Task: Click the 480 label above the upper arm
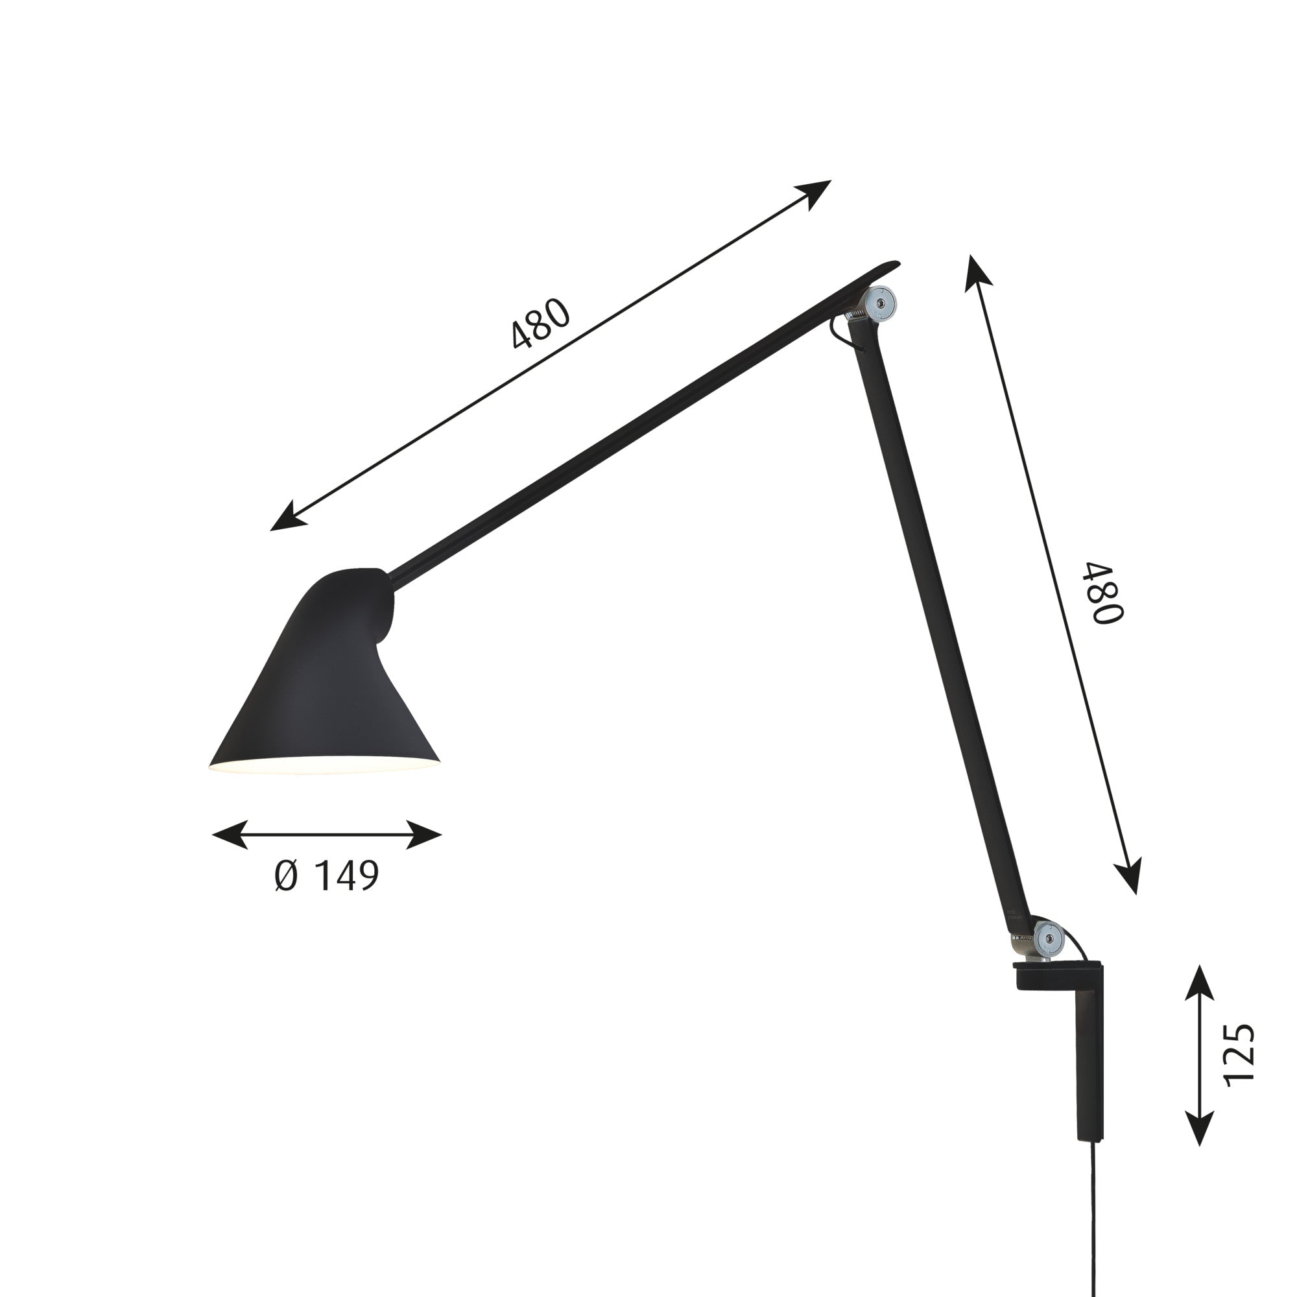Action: (x=540, y=324)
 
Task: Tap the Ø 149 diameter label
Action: (x=327, y=875)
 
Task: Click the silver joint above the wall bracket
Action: (x=1048, y=938)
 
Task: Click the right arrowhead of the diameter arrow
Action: (x=425, y=835)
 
